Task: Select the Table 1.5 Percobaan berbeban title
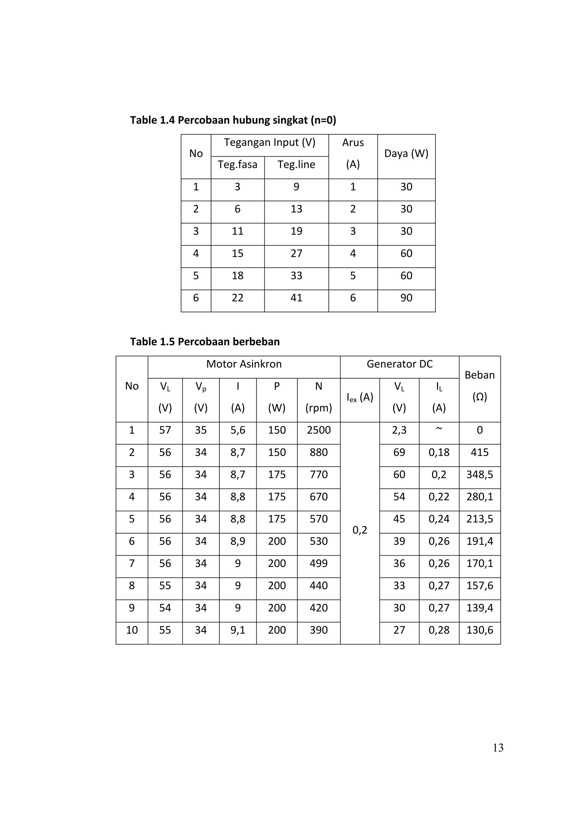(205, 342)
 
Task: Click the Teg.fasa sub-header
(237, 165)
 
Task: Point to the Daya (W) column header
(406, 154)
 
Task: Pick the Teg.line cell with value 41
(296, 298)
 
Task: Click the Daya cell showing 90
(406, 298)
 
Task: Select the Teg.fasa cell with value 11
(237, 231)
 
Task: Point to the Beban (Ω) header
(479, 386)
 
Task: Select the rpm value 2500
(319, 430)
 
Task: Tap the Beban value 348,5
(479, 475)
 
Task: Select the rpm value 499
(319, 563)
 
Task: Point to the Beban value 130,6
(479, 630)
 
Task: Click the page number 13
(498, 748)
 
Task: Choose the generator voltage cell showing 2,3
(399, 430)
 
